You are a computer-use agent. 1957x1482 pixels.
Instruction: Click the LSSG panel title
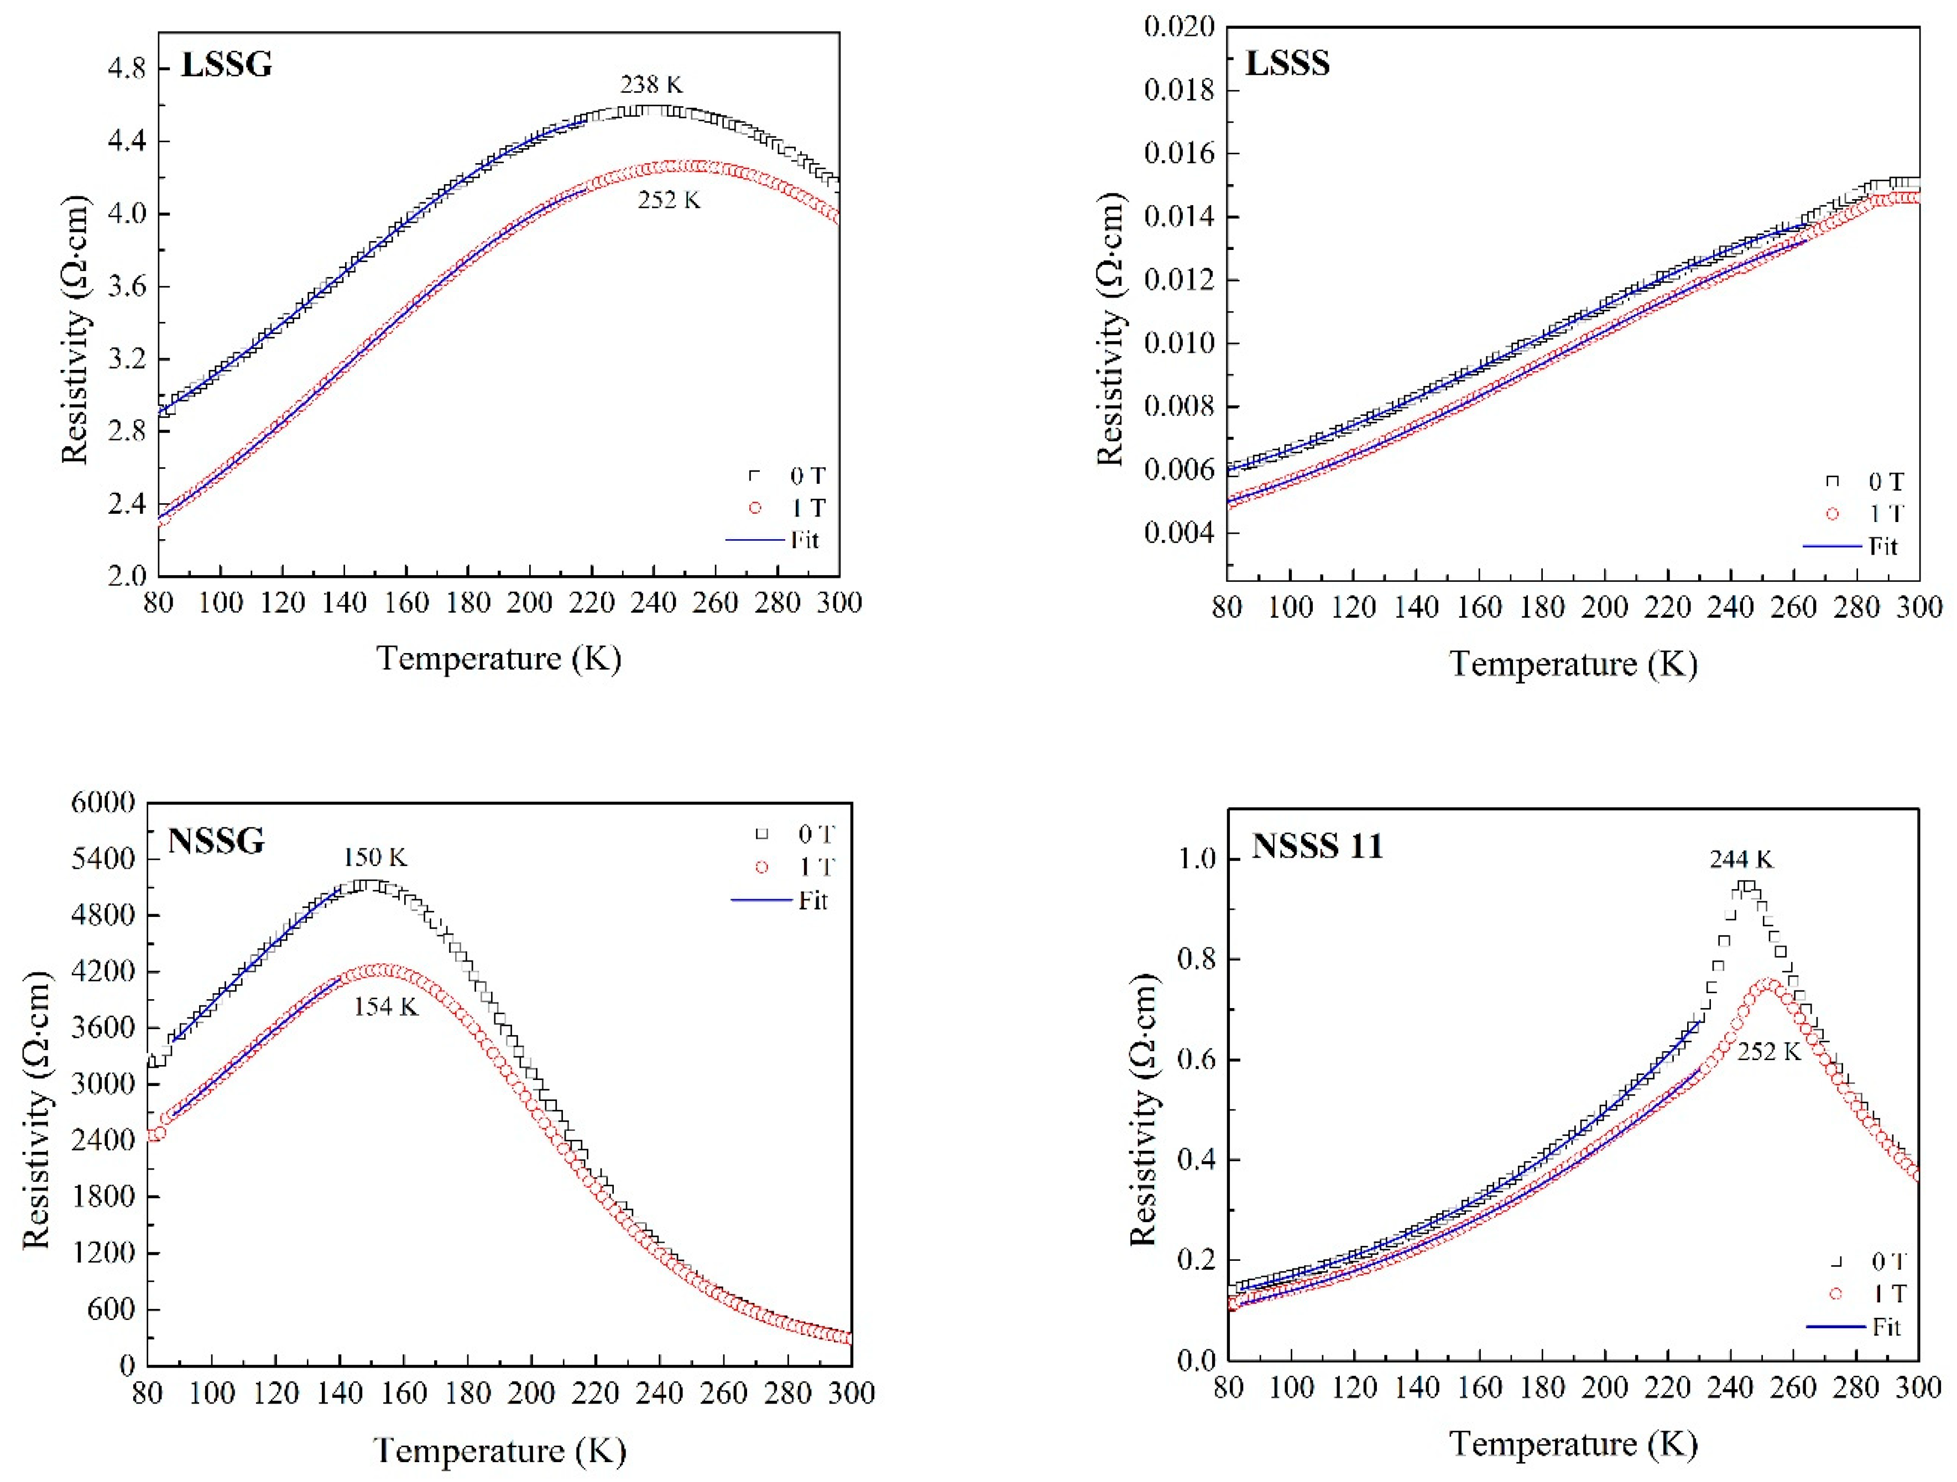(x=227, y=65)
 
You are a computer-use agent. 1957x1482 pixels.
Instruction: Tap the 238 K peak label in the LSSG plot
(x=651, y=85)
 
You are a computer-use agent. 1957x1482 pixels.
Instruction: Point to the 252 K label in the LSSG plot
(x=669, y=201)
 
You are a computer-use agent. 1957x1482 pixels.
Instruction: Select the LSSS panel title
(x=1287, y=64)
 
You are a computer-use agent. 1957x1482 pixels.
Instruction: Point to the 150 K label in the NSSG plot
(x=375, y=857)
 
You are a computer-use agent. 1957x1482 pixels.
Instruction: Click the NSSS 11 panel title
(x=1317, y=846)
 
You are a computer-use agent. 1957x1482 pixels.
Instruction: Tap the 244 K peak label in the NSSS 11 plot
(x=1741, y=859)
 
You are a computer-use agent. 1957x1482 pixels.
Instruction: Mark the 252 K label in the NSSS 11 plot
(x=1768, y=1051)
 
